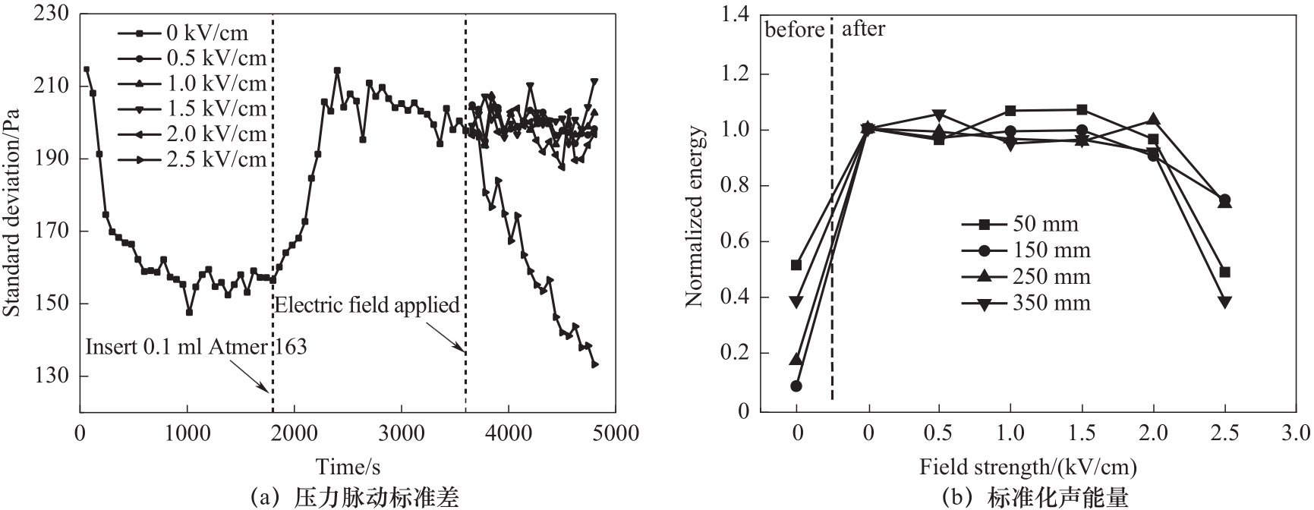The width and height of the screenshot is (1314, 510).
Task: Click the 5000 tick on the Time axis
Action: [616, 433]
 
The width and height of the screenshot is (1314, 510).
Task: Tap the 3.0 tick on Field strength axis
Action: [1295, 434]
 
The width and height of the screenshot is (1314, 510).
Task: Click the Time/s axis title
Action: [348, 465]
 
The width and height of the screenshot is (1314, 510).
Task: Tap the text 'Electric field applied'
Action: [367, 305]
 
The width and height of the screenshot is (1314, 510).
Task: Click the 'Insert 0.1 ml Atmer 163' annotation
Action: [196, 347]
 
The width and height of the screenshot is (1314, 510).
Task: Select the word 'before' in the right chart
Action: [794, 30]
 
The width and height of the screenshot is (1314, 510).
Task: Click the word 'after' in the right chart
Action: [863, 30]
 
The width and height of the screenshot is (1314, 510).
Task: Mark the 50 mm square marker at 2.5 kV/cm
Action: [1224, 272]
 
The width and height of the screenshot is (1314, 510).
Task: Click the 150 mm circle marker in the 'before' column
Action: [796, 386]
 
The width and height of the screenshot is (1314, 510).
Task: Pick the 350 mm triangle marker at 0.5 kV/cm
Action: [940, 115]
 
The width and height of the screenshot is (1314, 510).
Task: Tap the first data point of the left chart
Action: [87, 69]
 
